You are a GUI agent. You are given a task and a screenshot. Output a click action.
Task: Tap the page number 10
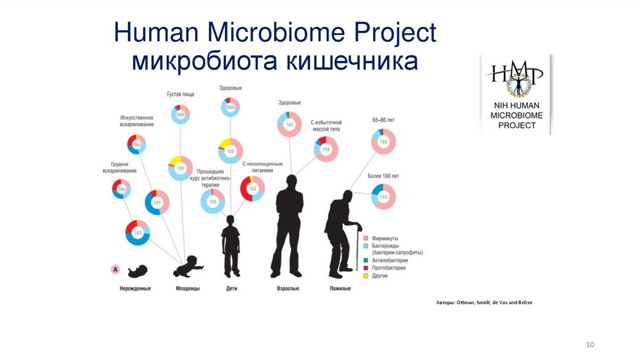click(x=589, y=344)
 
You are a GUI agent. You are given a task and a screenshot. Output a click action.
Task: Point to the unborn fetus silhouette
click(x=137, y=270)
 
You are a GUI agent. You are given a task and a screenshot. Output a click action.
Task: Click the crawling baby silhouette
click(x=188, y=268)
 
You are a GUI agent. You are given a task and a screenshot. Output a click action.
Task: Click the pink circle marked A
click(x=115, y=269)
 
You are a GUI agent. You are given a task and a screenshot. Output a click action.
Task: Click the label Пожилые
click(x=340, y=289)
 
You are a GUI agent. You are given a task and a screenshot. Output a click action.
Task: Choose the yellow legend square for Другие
click(x=366, y=276)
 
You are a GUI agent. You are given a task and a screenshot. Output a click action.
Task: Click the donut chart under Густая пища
click(x=181, y=115)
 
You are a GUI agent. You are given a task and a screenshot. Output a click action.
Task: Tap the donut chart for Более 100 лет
click(x=384, y=197)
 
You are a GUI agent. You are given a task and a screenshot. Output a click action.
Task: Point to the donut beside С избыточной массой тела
click(x=326, y=150)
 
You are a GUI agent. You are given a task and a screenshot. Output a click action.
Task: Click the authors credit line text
click(x=484, y=303)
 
